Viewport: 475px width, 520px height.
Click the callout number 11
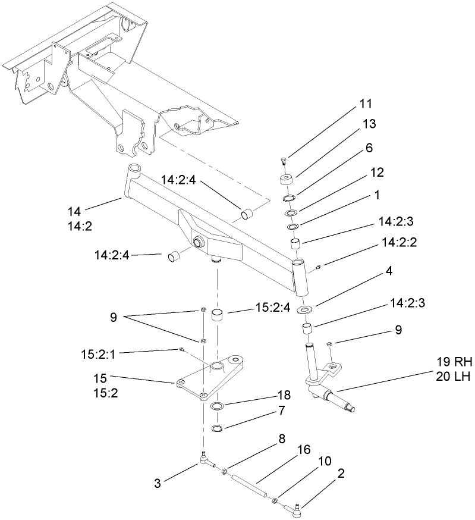(x=365, y=104)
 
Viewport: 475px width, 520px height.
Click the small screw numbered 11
(x=284, y=159)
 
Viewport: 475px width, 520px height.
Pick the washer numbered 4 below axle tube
(x=306, y=310)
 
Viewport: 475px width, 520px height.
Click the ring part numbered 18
(x=218, y=406)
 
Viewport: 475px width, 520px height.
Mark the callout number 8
(x=282, y=439)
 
